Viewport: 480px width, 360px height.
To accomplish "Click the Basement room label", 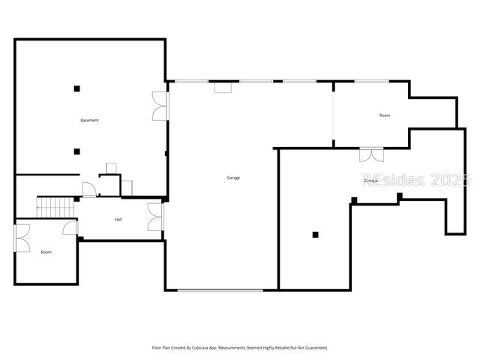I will point(90,121).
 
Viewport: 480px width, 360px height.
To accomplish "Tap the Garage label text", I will point(233,178).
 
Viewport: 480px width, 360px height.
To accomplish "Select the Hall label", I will point(118,220).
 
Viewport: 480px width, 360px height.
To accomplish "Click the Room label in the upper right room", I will point(385,115).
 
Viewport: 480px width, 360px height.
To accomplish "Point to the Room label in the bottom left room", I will point(46,252).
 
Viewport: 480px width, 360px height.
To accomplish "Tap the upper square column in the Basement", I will point(76,88).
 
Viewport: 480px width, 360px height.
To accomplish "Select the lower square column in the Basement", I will point(76,151).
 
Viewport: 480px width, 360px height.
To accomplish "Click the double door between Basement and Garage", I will point(160,105).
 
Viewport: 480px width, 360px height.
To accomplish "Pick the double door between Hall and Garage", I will point(156,217).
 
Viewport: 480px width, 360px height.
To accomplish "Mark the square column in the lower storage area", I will point(316,235).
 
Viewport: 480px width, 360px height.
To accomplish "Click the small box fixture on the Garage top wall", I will point(223,88).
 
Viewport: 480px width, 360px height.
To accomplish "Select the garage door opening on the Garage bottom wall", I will point(220,290).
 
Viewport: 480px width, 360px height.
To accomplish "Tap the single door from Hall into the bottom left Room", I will point(70,228).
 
